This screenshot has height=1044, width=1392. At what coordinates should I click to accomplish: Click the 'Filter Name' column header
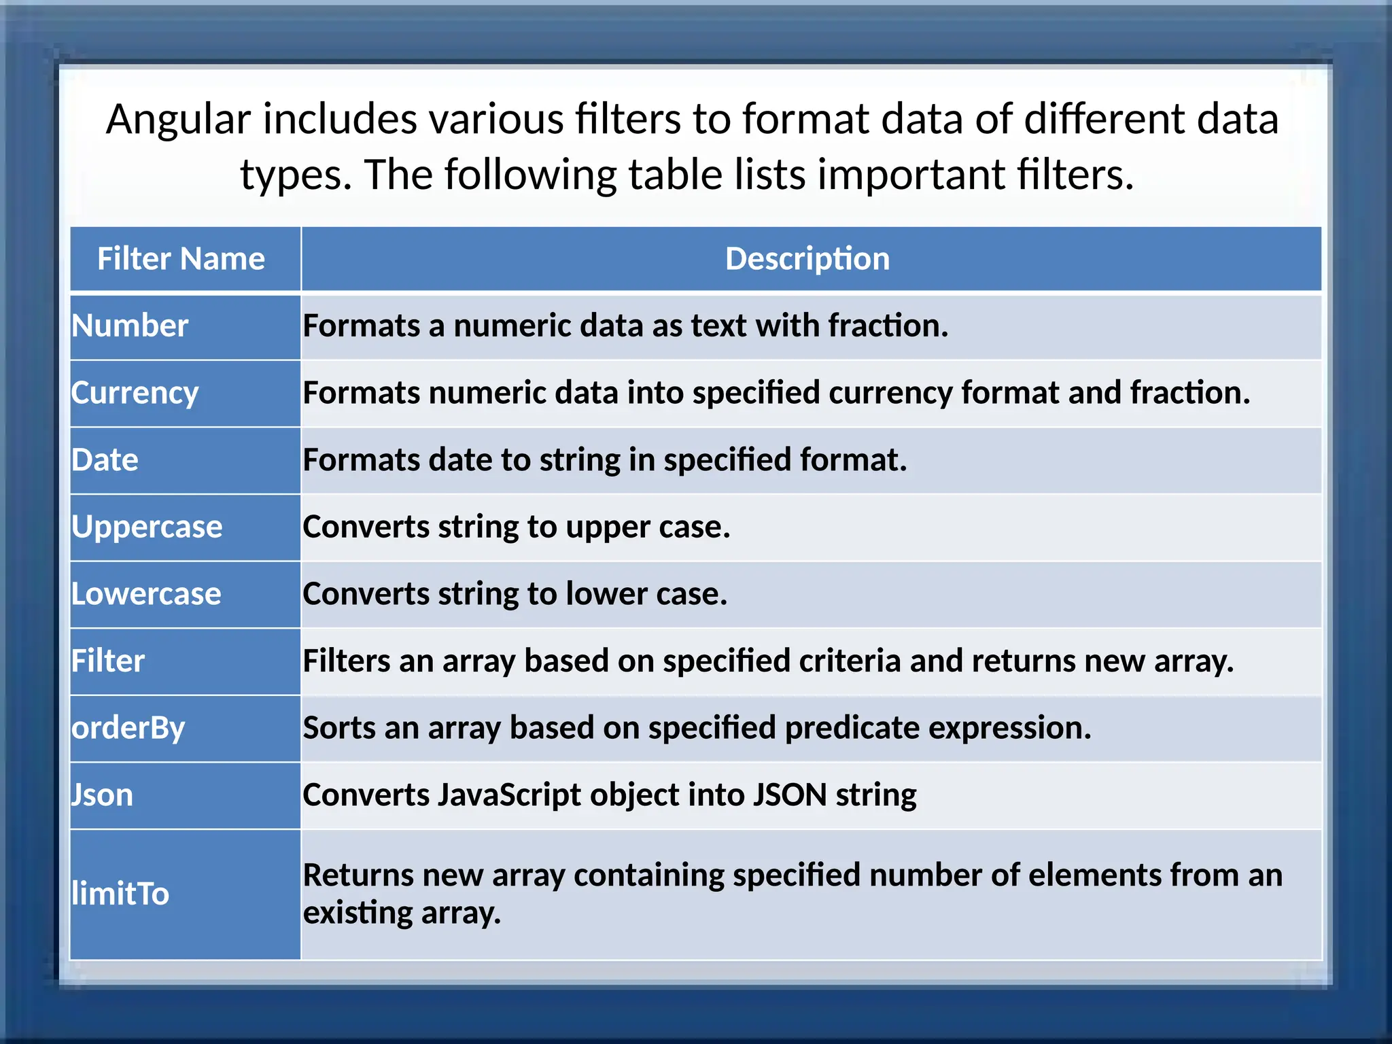point(181,259)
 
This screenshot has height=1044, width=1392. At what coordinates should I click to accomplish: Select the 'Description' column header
point(807,259)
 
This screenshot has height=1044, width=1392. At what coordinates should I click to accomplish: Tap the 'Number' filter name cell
point(130,326)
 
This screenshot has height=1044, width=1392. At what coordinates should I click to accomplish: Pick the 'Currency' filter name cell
point(135,393)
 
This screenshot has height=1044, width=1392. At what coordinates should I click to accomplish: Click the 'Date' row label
point(105,460)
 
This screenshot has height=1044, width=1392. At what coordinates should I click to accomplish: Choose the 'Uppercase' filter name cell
point(147,527)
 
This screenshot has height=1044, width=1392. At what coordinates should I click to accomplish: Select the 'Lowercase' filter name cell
point(146,594)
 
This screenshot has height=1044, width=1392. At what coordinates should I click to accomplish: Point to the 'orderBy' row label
point(128,728)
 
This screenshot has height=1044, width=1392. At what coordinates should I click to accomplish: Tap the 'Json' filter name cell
point(103,795)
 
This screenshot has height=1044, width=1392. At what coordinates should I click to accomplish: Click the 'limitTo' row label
point(120,893)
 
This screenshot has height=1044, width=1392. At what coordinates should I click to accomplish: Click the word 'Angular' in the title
point(179,120)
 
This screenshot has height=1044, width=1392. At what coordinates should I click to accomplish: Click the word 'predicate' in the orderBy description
point(852,728)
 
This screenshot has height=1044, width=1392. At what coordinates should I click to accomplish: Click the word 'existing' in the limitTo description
point(357,913)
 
